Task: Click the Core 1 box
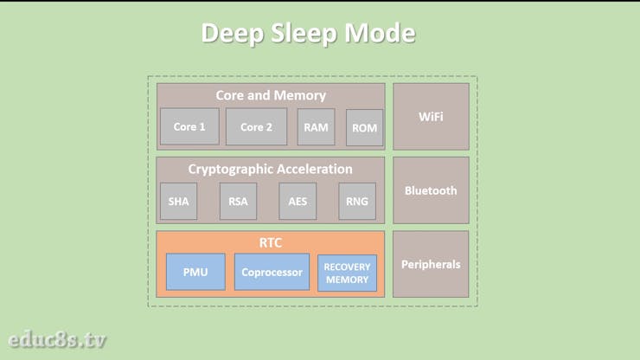coord(189,126)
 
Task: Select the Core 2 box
coord(256,126)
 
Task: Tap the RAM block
coord(316,126)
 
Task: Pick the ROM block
coord(364,127)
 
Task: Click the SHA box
coord(178,201)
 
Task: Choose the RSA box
coord(238,201)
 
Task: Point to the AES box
coord(298,201)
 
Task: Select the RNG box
coord(356,201)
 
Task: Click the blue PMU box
coord(195,272)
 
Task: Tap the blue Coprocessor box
coord(272,272)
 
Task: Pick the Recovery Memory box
coord(347,273)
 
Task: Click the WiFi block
coord(431,116)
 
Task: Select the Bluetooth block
coord(431,190)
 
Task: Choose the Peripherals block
coord(431,264)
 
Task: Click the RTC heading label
coord(271,242)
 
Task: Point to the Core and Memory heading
coord(271,95)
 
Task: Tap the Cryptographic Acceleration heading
coord(271,169)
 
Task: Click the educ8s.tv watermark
coord(57,339)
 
